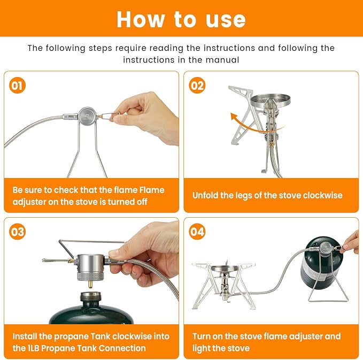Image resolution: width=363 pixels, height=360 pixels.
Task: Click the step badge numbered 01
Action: [17, 85]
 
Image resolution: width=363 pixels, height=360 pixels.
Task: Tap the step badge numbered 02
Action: [197, 85]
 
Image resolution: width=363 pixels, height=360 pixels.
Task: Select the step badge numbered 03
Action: [17, 232]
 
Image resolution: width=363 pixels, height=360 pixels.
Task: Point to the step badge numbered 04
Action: [197, 232]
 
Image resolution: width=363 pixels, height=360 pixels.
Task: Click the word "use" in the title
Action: [226, 20]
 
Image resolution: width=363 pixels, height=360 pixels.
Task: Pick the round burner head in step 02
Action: [271, 100]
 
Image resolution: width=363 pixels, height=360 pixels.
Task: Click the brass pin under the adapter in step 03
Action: [90, 284]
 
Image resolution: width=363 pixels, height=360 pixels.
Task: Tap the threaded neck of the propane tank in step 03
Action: [91, 297]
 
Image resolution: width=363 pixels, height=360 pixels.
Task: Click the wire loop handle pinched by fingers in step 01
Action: [111, 116]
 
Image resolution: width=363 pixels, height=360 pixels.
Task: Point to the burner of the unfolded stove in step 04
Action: [225, 269]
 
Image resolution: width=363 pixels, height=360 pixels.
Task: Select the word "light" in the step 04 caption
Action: [200, 348]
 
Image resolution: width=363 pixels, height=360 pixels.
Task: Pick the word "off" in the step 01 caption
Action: [142, 202]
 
